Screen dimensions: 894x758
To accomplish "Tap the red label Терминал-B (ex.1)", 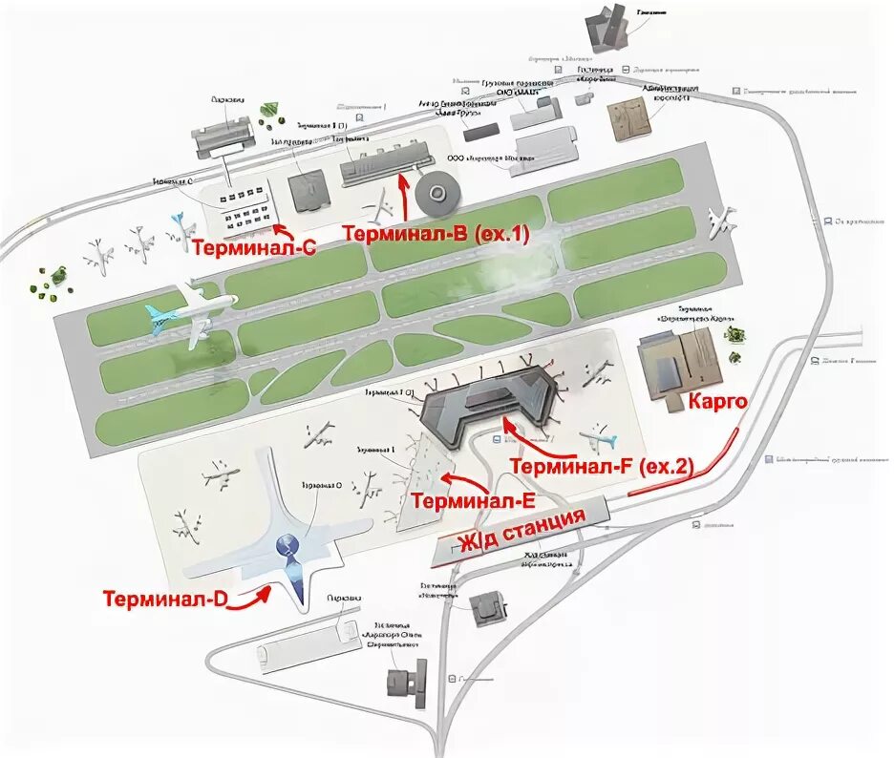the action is (435, 233).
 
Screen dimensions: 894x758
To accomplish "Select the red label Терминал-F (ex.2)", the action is (602, 466).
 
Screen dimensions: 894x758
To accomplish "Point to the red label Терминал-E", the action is (473, 500).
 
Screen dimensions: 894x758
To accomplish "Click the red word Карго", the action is (716, 403).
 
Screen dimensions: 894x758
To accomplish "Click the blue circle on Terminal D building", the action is (287, 547).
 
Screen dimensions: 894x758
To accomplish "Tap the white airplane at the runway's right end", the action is (723, 221).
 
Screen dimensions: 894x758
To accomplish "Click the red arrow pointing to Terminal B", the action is (405, 196).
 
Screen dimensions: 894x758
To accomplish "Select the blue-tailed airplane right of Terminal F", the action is (600, 440).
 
